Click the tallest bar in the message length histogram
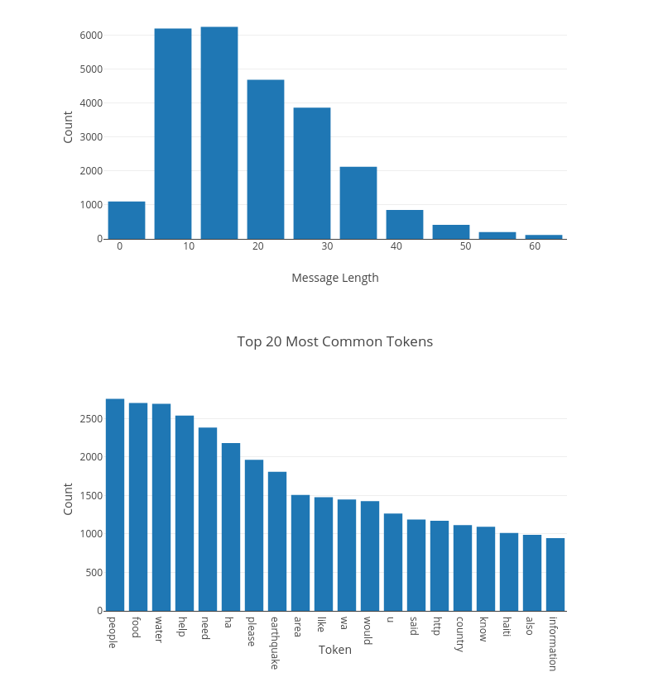(x=219, y=132)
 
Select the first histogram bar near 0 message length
(x=126, y=220)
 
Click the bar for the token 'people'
(x=115, y=504)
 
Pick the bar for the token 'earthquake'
(x=277, y=541)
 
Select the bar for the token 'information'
(x=555, y=574)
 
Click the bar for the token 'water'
(x=161, y=507)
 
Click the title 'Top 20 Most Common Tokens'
(x=334, y=341)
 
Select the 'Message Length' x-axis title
(x=334, y=278)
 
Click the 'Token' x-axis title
(x=334, y=650)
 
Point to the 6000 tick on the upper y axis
(x=91, y=36)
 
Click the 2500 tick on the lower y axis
(x=91, y=419)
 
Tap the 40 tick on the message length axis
(x=396, y=247)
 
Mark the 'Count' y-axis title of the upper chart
(x=68, y=126)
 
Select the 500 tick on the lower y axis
(x=94, y=573)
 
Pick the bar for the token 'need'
(x=208, y=519)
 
